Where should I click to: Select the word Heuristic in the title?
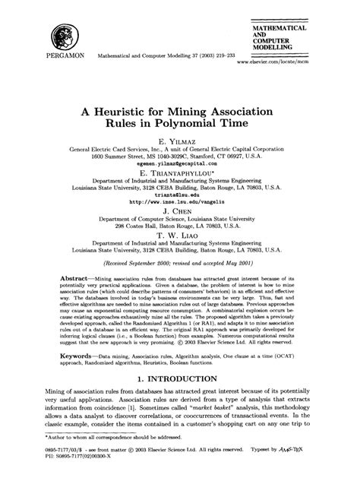135,112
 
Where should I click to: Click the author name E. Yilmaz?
180,142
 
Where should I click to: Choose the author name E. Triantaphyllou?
180,174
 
